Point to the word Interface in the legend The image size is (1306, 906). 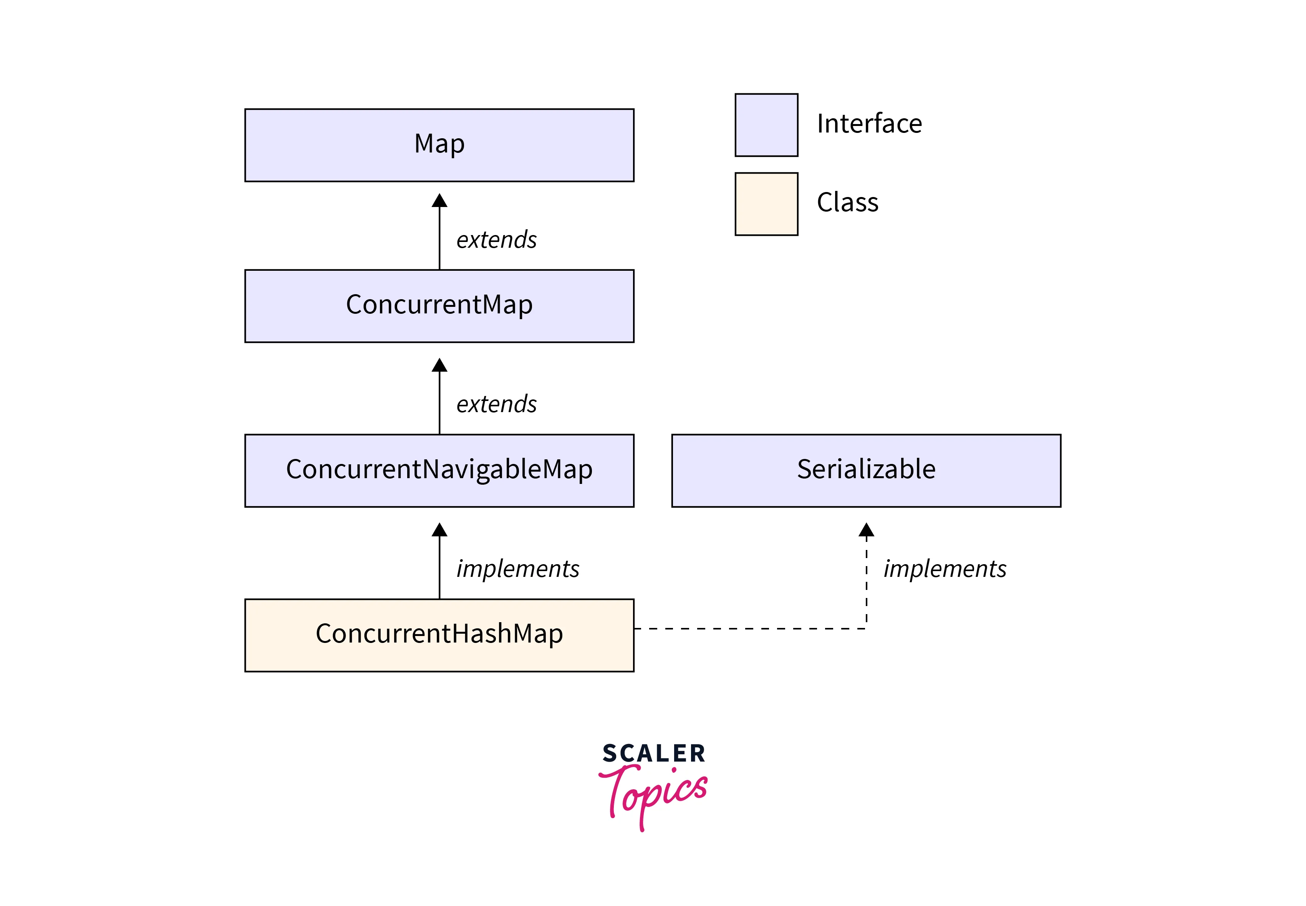(x=869, y=124)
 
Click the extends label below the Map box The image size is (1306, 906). (x=496, y=240)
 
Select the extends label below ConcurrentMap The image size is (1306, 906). (x=496, y=404)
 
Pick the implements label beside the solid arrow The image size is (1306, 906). (x=517, y=569)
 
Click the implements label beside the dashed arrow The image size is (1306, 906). (x=945, y=569)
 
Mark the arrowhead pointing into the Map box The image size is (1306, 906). (x=439, y=201)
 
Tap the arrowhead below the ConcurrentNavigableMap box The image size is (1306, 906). (x=439, y=530)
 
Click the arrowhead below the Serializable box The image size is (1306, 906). (x=866, y=530)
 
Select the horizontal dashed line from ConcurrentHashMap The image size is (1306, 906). (x=749, y=628)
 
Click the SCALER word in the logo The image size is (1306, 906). (x=653, y=753)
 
